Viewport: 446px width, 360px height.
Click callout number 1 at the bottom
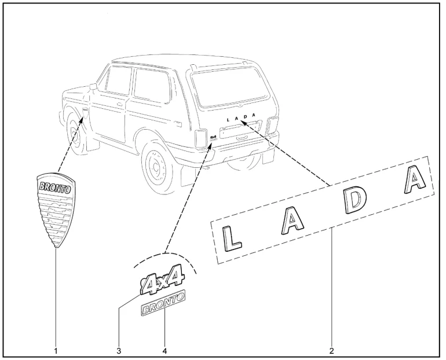coord(56,350)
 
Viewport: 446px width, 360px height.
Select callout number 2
coord(332,350)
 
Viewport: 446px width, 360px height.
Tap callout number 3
coord(118,350)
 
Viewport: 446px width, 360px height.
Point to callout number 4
coord(164,350)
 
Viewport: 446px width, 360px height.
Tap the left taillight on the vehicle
coord(201,137)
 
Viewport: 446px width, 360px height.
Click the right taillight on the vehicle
coord(272,124)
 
